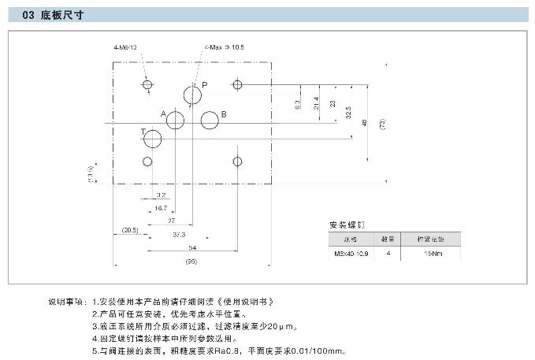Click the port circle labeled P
(x=192, y=96)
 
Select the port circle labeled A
(x=175, y=121)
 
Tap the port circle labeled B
(x=210, y=121)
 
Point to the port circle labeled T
(x=152, y=140)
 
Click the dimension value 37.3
(x=179, y=234)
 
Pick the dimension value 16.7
(x=160, y=207)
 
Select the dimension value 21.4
(x=316, y=106)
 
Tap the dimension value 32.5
(x=348, y=113)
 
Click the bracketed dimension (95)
(x=191, y=261)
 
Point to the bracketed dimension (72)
(x=382, y=123)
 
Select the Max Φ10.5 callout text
(x=228, y=47)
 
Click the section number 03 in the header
(x=28, y=15)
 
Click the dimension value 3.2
(x=160, y=194)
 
